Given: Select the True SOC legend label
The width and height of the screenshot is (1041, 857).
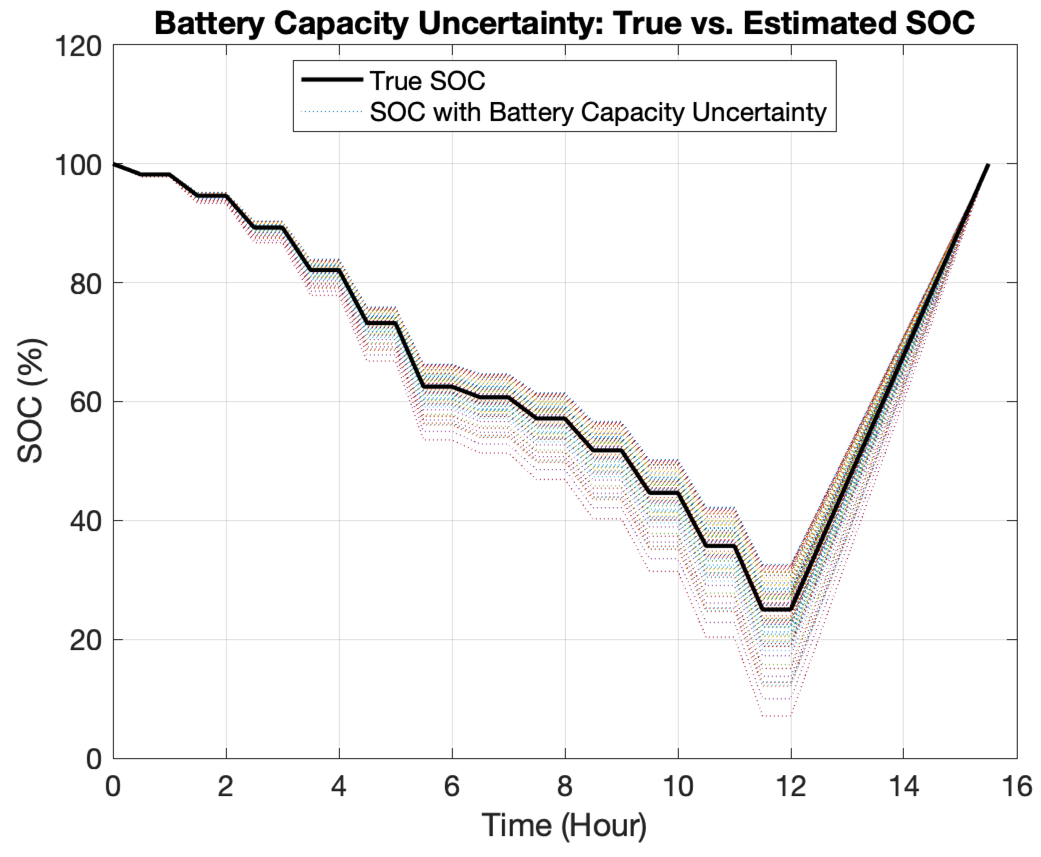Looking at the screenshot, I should coord(427,81).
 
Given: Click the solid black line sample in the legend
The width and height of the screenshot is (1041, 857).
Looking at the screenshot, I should coord(332,79).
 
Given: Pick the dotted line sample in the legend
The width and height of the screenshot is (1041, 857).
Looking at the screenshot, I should coord(332,112).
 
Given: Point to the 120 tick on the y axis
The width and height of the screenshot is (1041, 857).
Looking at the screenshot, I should coord(78,47).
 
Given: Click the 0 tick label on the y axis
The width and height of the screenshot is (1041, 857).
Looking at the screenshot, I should coord(94,759).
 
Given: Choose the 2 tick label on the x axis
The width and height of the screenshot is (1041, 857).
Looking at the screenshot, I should coord(226,786).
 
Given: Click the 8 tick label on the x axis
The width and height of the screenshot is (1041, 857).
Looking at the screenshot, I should coord(565,786).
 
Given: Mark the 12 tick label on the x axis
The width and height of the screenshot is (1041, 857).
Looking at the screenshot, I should coord(791,786).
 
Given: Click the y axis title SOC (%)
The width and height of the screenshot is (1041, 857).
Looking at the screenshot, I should coord(31,401).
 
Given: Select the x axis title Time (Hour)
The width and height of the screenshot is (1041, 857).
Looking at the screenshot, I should coord(564,826).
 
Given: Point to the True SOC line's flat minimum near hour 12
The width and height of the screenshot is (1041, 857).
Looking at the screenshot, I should coord(776,610).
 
